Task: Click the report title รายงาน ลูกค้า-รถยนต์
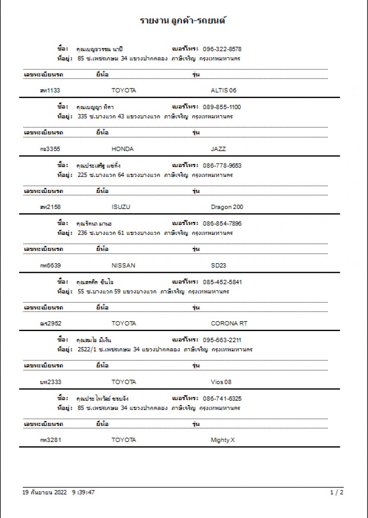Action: (184, 20)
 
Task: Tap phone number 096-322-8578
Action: (222, 49)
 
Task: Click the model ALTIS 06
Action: (224, 91)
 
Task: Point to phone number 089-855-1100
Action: (222, 107)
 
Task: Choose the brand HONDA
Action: (123, 149)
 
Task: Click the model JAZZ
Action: (218, 149)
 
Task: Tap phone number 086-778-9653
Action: (222, 165)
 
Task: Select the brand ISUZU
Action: (121, 207)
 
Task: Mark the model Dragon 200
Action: (227, 207)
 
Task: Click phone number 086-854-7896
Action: (222, 224)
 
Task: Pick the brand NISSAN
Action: (123, 265)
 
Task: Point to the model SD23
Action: (218, 265)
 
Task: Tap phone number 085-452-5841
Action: (222, 282)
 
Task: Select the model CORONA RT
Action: (229, 323)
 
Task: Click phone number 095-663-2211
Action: (222, 340)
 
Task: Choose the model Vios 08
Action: (221, 382)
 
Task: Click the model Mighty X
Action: (222, 440)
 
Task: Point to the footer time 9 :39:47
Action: (83, 492)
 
